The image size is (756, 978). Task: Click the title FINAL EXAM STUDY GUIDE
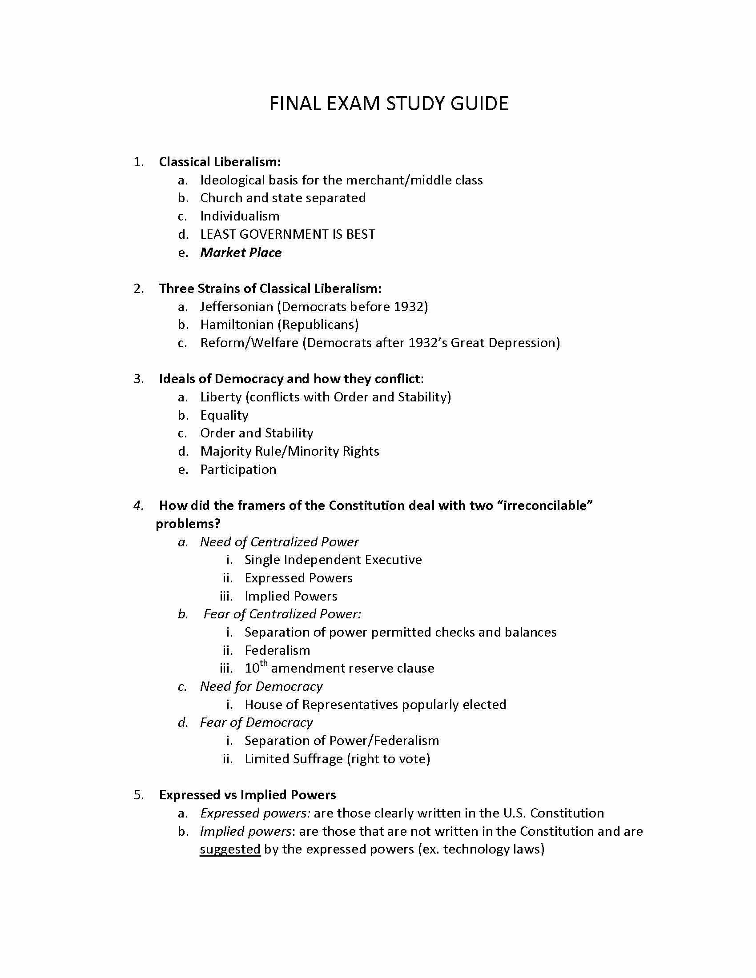pos(388,104)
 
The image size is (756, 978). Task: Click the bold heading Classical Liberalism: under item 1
pos(220,162)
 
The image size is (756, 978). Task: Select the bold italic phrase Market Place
pos(241,253)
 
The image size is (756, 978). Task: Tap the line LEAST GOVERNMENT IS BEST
pos(288,234)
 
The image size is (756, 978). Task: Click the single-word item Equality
pos(224,416)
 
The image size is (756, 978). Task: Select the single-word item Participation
pos(238,470)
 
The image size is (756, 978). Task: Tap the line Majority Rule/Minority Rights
pos(290,451)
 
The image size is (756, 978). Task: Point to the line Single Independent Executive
pos(333,560)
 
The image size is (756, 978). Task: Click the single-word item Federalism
pos(277,651)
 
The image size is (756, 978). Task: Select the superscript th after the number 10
pos(264,663)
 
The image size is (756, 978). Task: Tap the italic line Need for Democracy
pos(261,687)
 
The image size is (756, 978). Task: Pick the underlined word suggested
pos(230,850)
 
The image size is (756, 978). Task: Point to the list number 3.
pos(138,379)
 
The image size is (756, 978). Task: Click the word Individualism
pos(240,216)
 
